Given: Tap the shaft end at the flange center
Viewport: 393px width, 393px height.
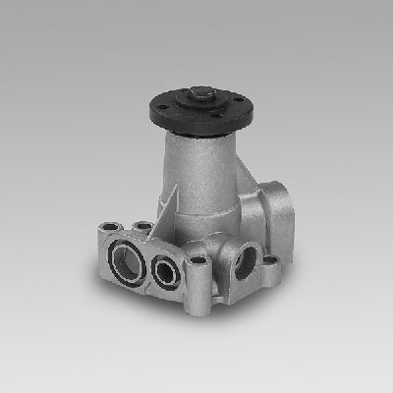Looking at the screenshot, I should click(x=197, y=95).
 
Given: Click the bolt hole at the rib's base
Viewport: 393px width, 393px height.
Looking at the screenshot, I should click(x=144, y=225).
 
